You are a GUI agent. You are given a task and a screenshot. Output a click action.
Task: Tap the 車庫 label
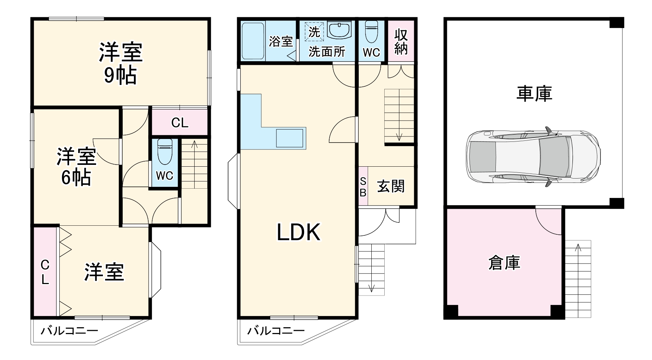point(534,94)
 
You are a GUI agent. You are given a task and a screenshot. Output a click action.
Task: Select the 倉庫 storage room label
point(504,263)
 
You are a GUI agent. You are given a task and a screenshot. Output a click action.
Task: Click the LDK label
point(298,232)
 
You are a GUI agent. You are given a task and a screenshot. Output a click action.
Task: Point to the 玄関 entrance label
point(391,186)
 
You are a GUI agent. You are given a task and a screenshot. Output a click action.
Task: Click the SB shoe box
point(363,186)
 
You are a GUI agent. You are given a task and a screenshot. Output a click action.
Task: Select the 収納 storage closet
point(401,41)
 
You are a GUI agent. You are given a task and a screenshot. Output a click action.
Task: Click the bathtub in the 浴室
point(253,41)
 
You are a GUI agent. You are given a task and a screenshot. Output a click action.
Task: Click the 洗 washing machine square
point(314,32)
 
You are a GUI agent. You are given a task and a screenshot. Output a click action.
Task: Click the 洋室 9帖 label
point(121,63)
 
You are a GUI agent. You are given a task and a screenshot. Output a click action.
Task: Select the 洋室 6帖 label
point(76,166)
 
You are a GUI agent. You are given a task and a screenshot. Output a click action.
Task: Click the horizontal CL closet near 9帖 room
point(180,123)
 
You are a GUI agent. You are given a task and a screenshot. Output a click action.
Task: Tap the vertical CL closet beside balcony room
point(45,273)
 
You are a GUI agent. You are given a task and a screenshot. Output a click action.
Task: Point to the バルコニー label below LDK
point(276,330)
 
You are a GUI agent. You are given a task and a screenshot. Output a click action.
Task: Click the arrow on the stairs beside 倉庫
point(579,248)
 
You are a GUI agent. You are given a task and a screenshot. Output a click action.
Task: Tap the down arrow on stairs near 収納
point(399,136)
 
